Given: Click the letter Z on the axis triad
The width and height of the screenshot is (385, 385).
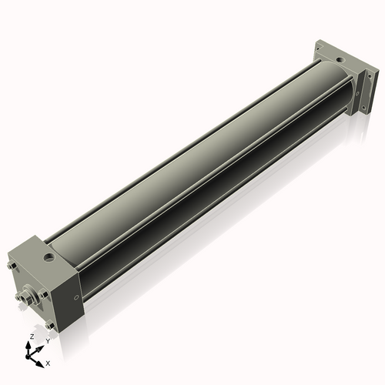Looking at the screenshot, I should click(x=32, y=337).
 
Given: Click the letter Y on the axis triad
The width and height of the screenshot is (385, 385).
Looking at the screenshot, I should click(x=48, y=340).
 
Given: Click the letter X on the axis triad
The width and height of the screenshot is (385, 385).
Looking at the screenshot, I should click(x=49, y=361).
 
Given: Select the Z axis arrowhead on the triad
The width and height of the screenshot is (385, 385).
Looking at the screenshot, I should click(x=31, y=344).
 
